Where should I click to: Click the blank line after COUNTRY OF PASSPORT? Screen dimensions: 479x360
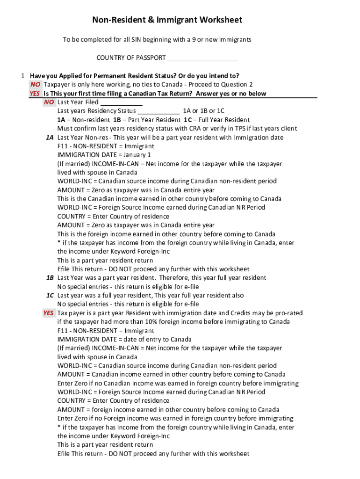(202, 58)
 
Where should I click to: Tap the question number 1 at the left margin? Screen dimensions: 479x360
(22, 76)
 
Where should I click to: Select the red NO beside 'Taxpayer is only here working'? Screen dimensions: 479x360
(36, 85)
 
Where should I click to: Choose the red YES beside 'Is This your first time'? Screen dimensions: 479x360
(35, 94)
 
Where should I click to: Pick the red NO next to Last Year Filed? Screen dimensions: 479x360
(49, 102)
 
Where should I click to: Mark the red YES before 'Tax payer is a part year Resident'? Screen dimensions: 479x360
(49, 313)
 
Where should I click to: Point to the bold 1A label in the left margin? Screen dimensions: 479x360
(50, 138)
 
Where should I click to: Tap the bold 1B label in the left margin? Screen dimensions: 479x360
(50, 278)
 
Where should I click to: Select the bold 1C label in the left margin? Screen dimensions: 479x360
(50, 296)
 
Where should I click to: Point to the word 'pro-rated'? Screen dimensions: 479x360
(288, 313)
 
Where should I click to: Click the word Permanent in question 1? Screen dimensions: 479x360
(111, 76)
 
